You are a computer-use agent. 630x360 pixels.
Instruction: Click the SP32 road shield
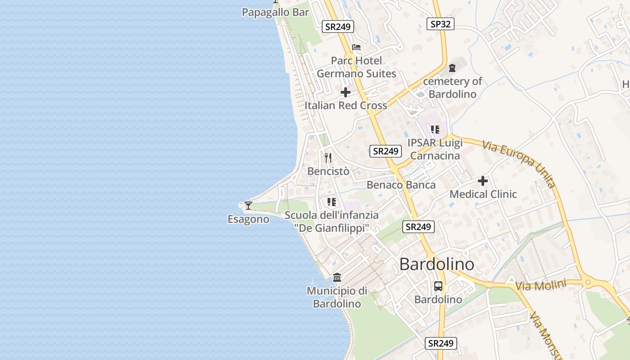(x=440, y=24)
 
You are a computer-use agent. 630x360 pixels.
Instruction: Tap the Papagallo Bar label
(x=275, y=12)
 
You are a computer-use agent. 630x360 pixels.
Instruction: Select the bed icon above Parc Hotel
(x=356, y=47)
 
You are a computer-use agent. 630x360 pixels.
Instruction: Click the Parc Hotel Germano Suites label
(x=356, y=67)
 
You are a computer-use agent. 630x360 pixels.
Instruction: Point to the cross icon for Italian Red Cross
(x=346, y=92)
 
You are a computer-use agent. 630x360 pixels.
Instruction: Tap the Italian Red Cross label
(x=346, y=105)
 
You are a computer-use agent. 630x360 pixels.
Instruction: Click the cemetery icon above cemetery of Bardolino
(x=452, y=68)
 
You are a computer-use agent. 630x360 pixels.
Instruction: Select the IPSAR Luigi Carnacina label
(x=435, y=149)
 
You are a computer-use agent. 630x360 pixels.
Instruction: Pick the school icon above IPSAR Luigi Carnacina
(x=435, y=130)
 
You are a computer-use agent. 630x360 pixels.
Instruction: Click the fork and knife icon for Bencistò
(x=328, y=157)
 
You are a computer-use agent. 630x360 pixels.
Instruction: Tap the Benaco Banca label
(x=401, y=185)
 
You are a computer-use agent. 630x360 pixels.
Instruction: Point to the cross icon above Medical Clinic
(x=483, y=181)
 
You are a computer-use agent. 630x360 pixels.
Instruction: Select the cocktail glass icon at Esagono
(x=248, y=206)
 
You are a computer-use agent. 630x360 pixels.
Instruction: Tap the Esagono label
(x=248, y=219)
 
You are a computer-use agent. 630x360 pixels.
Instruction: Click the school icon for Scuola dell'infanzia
(x=332, y=202)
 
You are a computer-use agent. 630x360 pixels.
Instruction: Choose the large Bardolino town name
(x=436, y=264)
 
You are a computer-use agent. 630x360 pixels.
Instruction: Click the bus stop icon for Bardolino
(x=438, y=286)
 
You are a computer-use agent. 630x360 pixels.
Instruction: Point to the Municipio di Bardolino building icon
(x=337, y=277)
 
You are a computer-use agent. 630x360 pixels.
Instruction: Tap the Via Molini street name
(x=540, y=285)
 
